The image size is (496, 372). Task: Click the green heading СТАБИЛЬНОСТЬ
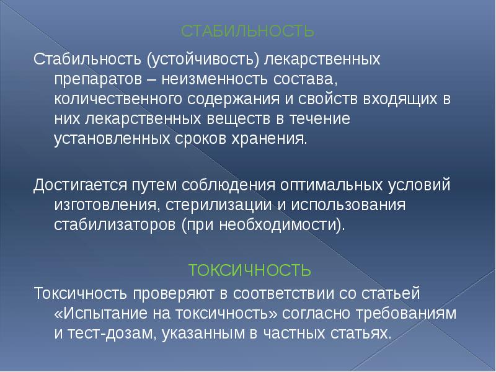click(248, 30)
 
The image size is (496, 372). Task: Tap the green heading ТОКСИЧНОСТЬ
click(249, 271)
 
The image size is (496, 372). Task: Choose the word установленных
click(108, 137)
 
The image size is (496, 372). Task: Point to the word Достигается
click(79, 185)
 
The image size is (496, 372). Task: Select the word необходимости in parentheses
click(285, 224)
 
